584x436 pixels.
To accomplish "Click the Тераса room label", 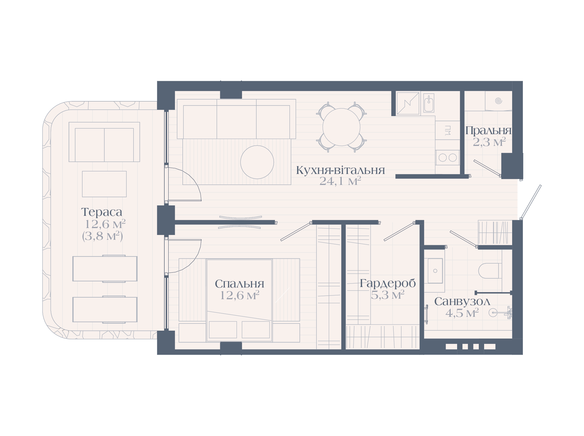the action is coord(101,212).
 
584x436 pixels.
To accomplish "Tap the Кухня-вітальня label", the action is coord(340,170).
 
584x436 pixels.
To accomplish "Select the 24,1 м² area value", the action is coord(340,181).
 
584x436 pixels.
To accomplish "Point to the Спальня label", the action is coord(239,284).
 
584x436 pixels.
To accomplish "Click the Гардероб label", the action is coord(388,283).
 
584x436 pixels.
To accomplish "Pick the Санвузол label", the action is coord(462,301).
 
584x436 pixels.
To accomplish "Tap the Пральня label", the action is coord(488,130).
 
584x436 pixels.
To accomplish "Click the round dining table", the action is coord(341,127).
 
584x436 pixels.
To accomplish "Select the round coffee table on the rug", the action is coord(257,162).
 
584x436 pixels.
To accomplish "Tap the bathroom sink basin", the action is coord(435,271).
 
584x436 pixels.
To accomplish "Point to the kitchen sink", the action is coord(429,103).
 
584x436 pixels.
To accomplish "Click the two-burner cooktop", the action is coord(447,158).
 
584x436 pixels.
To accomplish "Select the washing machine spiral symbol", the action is coord(498,101).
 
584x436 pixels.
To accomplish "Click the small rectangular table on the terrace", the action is coord(104,184).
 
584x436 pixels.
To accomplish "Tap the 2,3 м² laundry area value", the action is coord(489,142).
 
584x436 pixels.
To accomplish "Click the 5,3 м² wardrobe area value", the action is coord(388,295).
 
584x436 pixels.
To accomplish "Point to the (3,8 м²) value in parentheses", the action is coord(102,236).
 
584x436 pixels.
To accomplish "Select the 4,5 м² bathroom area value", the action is coord(462,313).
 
